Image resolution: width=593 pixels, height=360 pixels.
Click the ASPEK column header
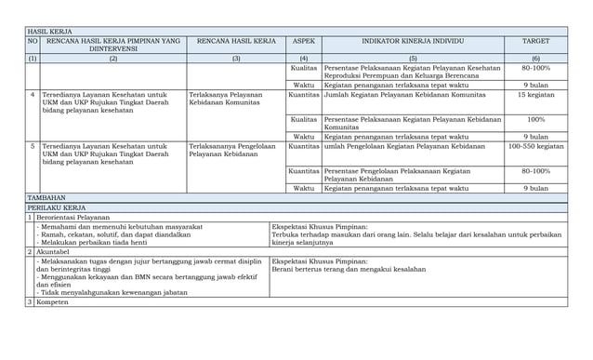click(x=303, y=42)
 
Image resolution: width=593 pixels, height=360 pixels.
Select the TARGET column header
click(x=535, y=42)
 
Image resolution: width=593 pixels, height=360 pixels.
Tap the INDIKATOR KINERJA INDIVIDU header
click(x=413, y=42)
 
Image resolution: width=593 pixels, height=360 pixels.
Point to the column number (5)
click(x=413, y=59)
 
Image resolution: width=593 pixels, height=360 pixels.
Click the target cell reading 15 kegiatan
click(x=535, y=95)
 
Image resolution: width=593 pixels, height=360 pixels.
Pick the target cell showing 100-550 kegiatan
click(x=535, y=147)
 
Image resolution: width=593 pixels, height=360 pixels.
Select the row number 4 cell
click(x=33, y=95)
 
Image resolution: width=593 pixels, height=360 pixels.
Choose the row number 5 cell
click(x=33, y=147)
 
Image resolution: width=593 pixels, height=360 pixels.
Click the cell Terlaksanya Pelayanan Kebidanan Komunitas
click(x=225, y=100)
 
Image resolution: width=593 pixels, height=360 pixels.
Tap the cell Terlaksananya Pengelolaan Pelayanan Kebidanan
click(x=231, y=151)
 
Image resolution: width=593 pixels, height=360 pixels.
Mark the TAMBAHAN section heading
click(x=46, y=198)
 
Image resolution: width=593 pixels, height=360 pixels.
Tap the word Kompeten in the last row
click(x=54, y=302)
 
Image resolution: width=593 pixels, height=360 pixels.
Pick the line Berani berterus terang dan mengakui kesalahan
click(x=349, y=270)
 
